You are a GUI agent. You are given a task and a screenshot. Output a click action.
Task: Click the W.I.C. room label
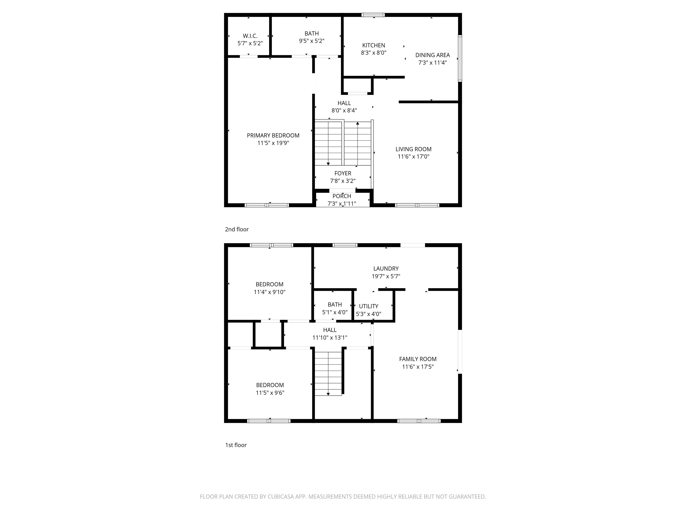(250, 36)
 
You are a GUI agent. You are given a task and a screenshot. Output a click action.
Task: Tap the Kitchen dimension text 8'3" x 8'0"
(373, 53)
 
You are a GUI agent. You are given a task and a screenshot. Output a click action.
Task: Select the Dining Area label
(432, 55)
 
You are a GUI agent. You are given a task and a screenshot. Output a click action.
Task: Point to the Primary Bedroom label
(273, 135)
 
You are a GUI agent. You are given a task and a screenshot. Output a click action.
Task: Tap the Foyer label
(343, 174)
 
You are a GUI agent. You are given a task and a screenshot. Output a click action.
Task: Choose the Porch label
(342, 196)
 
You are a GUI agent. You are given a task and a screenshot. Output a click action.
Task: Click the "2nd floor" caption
(237, 229)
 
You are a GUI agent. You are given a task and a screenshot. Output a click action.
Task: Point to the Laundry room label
(386, 269)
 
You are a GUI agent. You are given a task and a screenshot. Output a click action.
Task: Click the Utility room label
(368, 306)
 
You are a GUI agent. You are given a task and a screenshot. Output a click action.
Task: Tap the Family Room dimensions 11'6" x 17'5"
(418, 367)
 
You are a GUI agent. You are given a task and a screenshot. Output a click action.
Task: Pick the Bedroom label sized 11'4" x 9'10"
(270, 284)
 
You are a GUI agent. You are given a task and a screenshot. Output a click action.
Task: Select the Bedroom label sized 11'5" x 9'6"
(270, 385)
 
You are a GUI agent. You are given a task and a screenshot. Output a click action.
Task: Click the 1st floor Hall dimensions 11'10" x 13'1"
(330, 338)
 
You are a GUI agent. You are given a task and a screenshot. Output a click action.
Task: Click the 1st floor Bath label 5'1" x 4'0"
(335, 305)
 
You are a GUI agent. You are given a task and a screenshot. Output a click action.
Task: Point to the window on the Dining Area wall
(460, 58)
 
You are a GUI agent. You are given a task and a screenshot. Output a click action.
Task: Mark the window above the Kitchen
(373, 15)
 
